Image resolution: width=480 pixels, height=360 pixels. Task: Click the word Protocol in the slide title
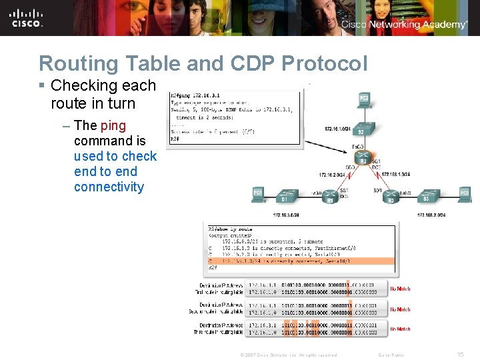click(x=324, y=63)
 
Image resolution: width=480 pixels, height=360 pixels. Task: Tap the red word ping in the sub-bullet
click(x=113, y=125)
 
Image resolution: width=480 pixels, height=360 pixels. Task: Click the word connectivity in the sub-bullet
click(x=109, y=187)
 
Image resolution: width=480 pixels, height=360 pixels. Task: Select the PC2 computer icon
click(x=364, y=100)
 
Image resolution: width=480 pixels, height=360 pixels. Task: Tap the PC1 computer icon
click(x=258, y=194)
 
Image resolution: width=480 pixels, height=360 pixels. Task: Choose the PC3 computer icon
click(x=464, y=194)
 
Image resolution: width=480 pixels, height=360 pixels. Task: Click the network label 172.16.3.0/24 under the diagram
click(x=286, y=215)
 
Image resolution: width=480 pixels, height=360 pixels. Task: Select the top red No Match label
click(x=401, y=289)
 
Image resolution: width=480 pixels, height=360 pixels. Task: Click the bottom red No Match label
click(x=401, y=329)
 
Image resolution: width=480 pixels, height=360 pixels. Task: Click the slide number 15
click(x=460, y=354)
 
